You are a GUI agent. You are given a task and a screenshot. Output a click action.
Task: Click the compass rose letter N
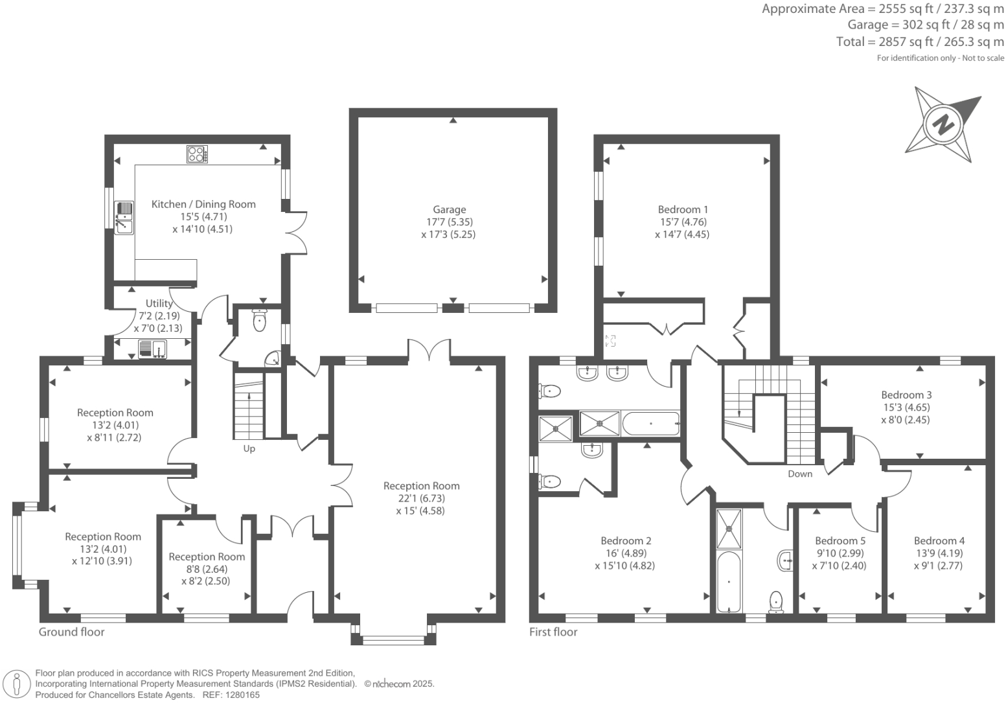(x=944, y=124)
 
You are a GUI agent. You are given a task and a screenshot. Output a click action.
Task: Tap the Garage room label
(x=449, y=209)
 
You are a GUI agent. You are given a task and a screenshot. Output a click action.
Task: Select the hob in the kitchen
(x=197, y=154)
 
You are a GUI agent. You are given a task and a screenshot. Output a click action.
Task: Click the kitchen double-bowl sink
(x=124, y=218)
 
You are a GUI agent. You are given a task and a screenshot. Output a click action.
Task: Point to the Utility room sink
(x=153, y=349)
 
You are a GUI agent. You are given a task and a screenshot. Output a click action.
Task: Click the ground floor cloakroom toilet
(x=260, y=321)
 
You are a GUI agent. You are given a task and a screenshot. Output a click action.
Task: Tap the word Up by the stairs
(x=249, y=448)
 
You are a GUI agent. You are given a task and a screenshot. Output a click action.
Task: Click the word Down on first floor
(x=799, y=474)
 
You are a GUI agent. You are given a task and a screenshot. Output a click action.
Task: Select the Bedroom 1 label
(x=683, y=209)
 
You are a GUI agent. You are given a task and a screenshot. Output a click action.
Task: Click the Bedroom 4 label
(x=939, y=540)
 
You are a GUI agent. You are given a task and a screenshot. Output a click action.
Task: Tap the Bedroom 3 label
(x=906, y=395)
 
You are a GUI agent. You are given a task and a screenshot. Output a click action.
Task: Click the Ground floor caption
(x=71, y=632)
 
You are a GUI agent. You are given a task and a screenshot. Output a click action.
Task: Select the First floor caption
(x=553, y=632)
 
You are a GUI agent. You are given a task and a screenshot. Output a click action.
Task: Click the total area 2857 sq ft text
(x=920, y=42)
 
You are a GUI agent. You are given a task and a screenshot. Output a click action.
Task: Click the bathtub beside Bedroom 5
(x=729, y=581)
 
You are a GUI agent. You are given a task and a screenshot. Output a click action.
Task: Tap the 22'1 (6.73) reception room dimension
(x=421, y=498)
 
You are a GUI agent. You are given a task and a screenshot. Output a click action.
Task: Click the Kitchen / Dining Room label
(x=203, y=204)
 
